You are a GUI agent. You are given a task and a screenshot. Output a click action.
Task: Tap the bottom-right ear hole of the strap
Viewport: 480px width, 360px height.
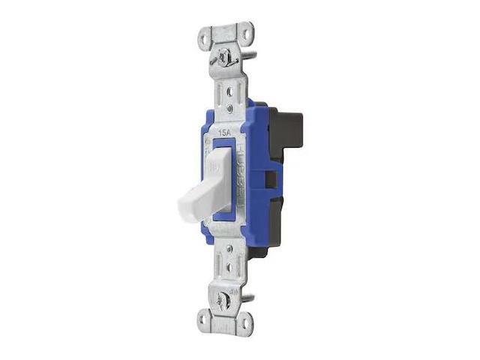[x=242, y=322]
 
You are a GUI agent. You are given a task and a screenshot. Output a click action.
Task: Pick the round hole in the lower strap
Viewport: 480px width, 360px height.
[x=223, y=265]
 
